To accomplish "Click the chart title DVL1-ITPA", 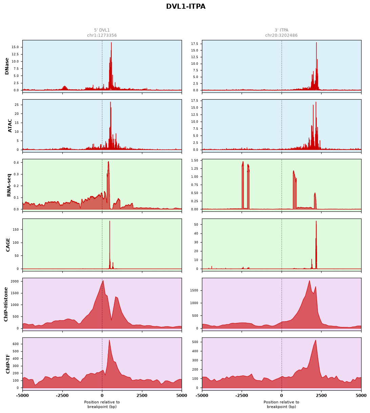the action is (x=186, y=6).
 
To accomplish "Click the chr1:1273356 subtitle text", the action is (x=102, y=35).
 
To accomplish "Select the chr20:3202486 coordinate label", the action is (x=281, y=35).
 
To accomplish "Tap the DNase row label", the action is (x=7, y=66).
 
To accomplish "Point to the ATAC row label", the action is (x=10, y=126).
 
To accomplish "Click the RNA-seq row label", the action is (x=9, y=185).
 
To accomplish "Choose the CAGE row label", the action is (x=8, y=245).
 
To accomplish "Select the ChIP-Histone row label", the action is (x=6, y=304).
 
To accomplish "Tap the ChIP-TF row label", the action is (x=8, y=364).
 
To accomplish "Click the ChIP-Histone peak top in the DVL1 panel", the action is (x=103, y=281).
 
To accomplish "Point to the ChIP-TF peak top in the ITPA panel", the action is (x=315, y=340).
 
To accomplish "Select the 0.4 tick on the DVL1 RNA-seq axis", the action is (x=16, y=163).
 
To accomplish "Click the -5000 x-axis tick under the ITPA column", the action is (x=202, y=396).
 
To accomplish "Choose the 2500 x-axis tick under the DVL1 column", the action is (x=142, y=396).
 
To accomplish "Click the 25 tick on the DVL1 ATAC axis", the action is (x=17, y=105).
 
